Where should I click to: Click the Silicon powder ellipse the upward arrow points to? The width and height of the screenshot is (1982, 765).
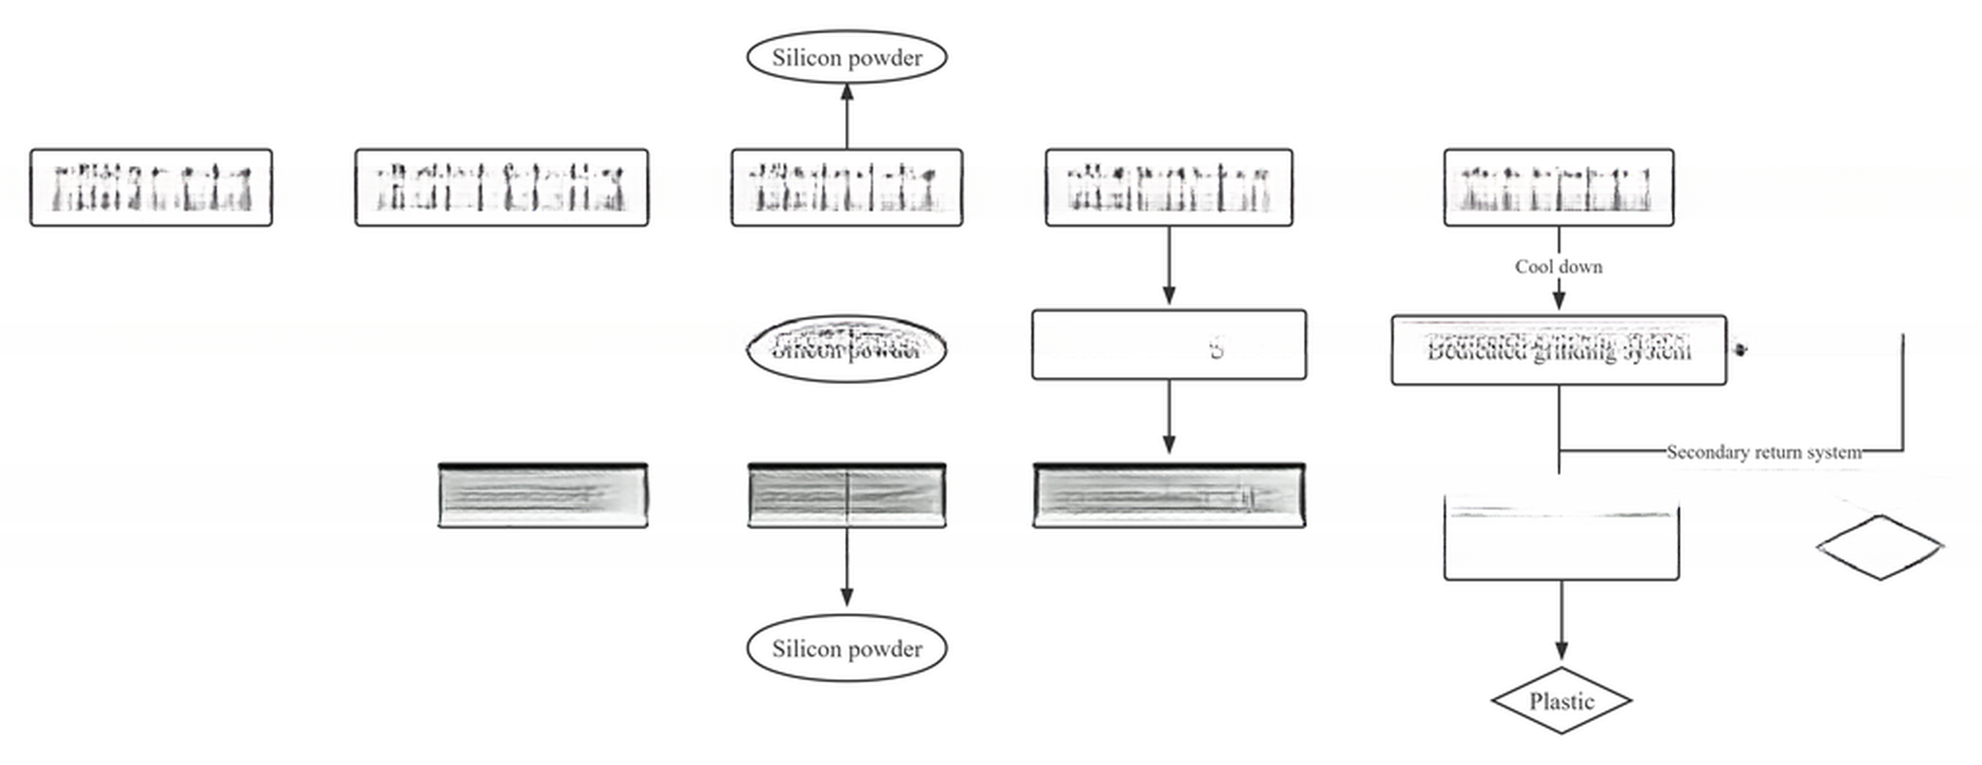pyautogui.click(x=846, y=57)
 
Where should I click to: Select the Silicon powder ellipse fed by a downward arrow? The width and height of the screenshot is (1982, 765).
pyautogui.click(x=846, y=648)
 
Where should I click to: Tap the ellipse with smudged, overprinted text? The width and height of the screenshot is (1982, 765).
pyautogui.click(x=846, y=349)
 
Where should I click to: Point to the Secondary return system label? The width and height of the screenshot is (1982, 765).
pyautogui.click(x=1763, y=452)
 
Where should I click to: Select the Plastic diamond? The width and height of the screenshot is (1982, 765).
pyautogui.click(x=1561, y=700)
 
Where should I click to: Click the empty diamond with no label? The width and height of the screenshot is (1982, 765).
pyautogui.click(x=1879, y=546)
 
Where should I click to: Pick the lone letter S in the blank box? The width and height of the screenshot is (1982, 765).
pyautogui.click(x=1216, y=349)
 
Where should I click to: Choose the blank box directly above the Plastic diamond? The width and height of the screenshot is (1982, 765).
pyautogui.click(x=1561, y=539)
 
